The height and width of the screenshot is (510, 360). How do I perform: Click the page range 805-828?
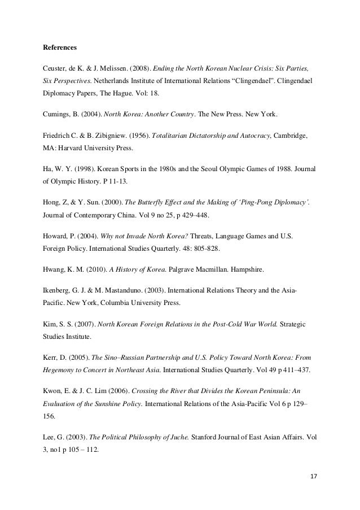pyautogui.click(x=201, y=249)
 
